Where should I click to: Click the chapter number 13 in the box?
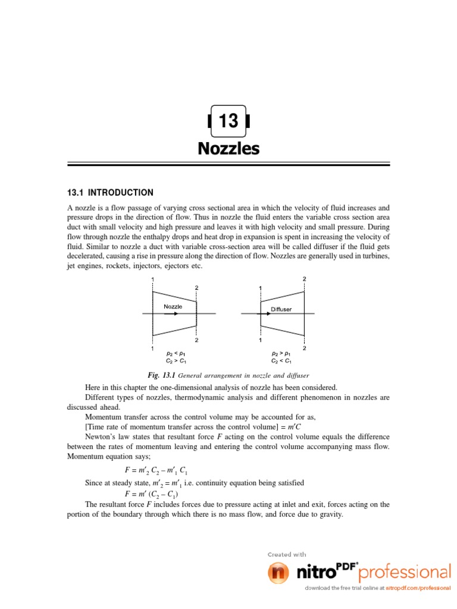pyautogui.click(x=228, y=121)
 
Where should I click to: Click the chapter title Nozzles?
pyautogui.click(x=228, y=148)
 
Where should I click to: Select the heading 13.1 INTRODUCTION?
pyautogui.click(x=109, y=193)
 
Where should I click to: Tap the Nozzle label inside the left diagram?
pyautogui.click(x=173, y=306)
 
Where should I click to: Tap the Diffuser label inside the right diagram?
pyautogui.click(x=281, y=309)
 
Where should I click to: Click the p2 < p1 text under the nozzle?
pyautogui.click(x=177, y=353)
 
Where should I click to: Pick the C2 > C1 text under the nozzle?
pyautogui.click(x=177, y=360)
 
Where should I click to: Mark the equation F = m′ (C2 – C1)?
pyautogui.click(x=151, y=494)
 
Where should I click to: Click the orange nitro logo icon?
pyautogui.click(x=277, y=573)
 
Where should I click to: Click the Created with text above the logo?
pyautogui.click(x=287, y=554)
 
